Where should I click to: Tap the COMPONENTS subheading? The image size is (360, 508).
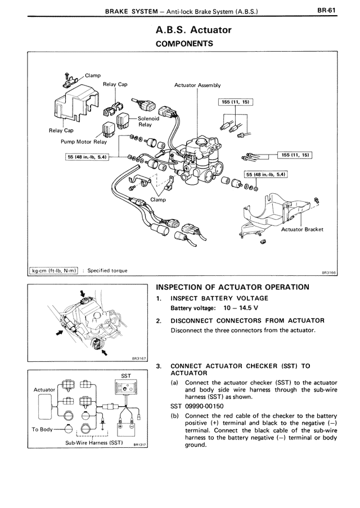point(184,43)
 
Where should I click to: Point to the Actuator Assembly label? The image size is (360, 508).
point(197,85)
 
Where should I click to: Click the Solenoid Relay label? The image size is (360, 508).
point(149,121)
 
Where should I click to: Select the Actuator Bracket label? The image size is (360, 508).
point(302,229)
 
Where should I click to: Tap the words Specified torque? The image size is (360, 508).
point(107,270)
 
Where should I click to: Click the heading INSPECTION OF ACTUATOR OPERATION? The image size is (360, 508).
point(232,287)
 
